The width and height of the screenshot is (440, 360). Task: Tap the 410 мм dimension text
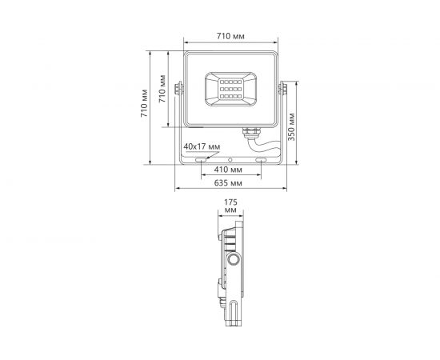pyautogui.click(x=229, y=170)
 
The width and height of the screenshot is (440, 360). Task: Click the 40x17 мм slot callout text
pyautogui.click(x=201, y=147)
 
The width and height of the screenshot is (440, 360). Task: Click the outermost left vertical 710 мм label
pyautogui.click(x=145, y=105)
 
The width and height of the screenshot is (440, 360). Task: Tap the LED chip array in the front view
pyautogui.click(x=230, y=88)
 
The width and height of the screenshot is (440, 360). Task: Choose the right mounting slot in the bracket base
pyautogui.click(x=261, y=161)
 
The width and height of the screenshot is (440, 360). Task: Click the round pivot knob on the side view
pyautogui.click(x=234, y=262)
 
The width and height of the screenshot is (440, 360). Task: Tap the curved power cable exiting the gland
pyautogui.click(x=264, y=145)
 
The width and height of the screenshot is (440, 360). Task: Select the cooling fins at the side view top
pyautogui.click(x=230, y=239)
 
